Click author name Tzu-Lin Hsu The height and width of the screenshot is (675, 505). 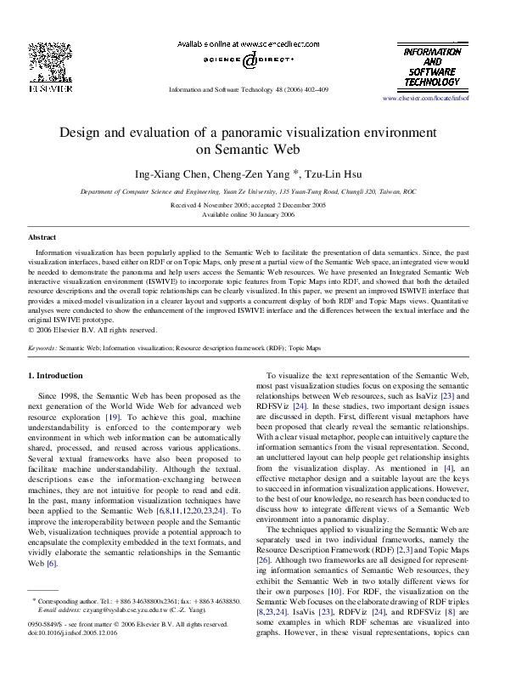338,174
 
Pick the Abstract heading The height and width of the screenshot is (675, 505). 42,237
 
